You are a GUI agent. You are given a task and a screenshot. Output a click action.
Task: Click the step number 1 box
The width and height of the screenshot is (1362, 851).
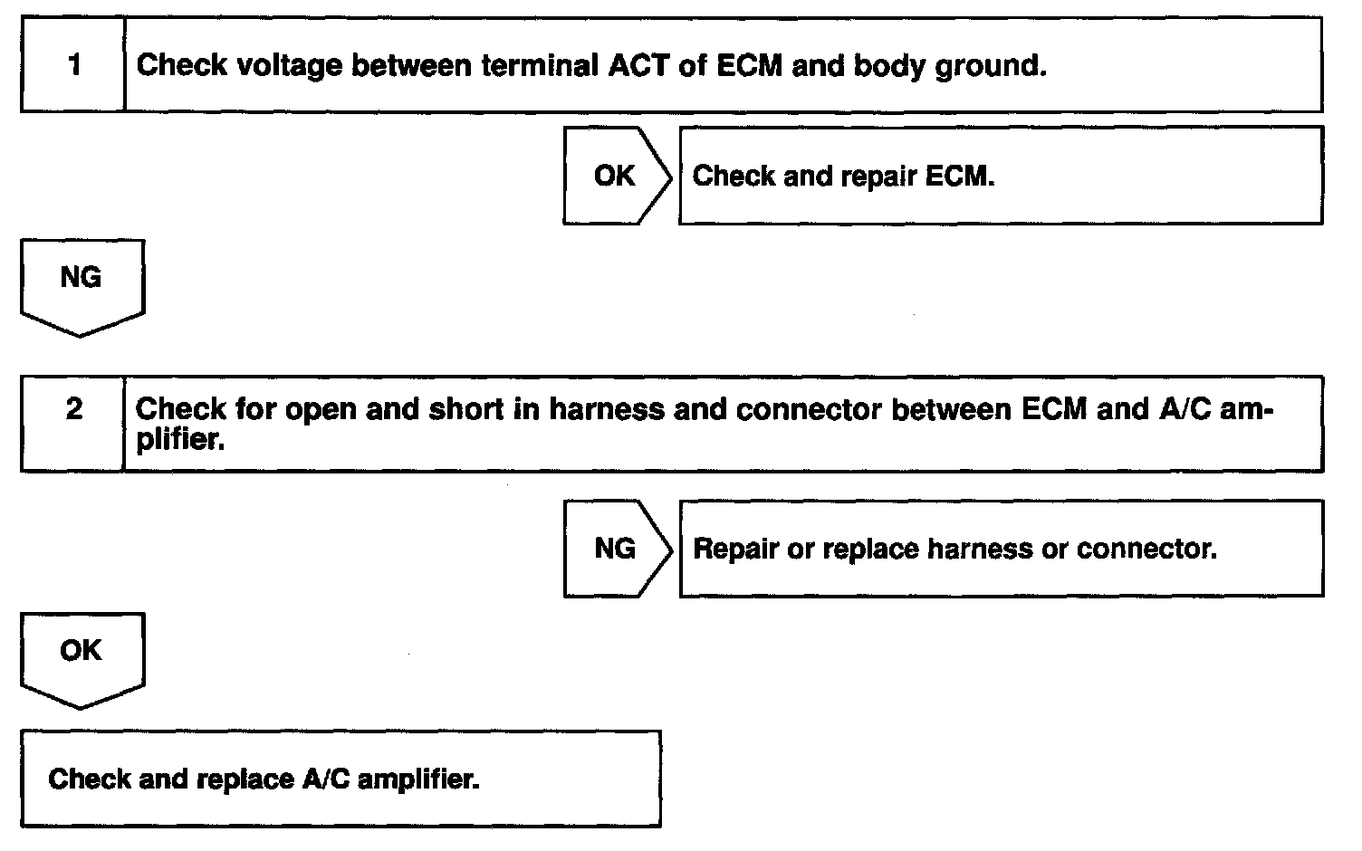pos(73,64)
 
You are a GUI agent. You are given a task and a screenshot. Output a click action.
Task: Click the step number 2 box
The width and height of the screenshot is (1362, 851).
pos(73,424)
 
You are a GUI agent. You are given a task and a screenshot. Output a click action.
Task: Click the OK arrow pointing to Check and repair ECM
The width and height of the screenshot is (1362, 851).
pos(618,176)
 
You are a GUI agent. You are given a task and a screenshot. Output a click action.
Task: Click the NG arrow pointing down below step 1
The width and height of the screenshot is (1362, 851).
pos(82,288)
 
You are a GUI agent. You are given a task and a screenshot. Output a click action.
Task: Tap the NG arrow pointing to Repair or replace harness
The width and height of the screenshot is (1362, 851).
pos(618,549)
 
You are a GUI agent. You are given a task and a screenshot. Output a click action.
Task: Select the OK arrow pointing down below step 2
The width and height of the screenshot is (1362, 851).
pos(82,661)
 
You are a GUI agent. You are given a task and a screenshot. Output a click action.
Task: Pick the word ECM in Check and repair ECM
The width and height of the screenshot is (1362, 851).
pos(960,177)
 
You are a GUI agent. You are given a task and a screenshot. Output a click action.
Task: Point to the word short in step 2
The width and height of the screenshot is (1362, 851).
pos(466,409)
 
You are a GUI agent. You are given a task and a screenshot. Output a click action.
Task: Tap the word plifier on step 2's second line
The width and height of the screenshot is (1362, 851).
pos(180,439)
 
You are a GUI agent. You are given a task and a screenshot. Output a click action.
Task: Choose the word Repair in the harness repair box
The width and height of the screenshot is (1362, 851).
pos(735,550)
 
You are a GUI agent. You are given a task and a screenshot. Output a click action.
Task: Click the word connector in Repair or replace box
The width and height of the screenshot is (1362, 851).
pos(1146,549)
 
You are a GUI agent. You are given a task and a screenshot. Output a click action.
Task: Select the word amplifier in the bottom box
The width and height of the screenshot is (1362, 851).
pos(418,779)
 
